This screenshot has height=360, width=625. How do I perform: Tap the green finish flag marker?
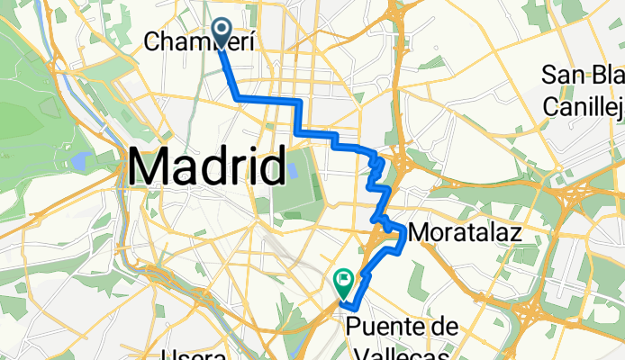[x=343, y=282]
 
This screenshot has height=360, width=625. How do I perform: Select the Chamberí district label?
[x=197, y=41]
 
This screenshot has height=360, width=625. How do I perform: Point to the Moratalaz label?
[x=466, y=233]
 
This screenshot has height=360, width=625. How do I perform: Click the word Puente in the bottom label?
[x=381, y=325]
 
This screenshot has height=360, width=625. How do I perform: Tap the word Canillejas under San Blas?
[x=584, y=108]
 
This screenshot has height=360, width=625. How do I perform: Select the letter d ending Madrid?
[x=267, y=166]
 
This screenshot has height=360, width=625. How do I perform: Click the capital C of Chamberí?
[x=151, y=41]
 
